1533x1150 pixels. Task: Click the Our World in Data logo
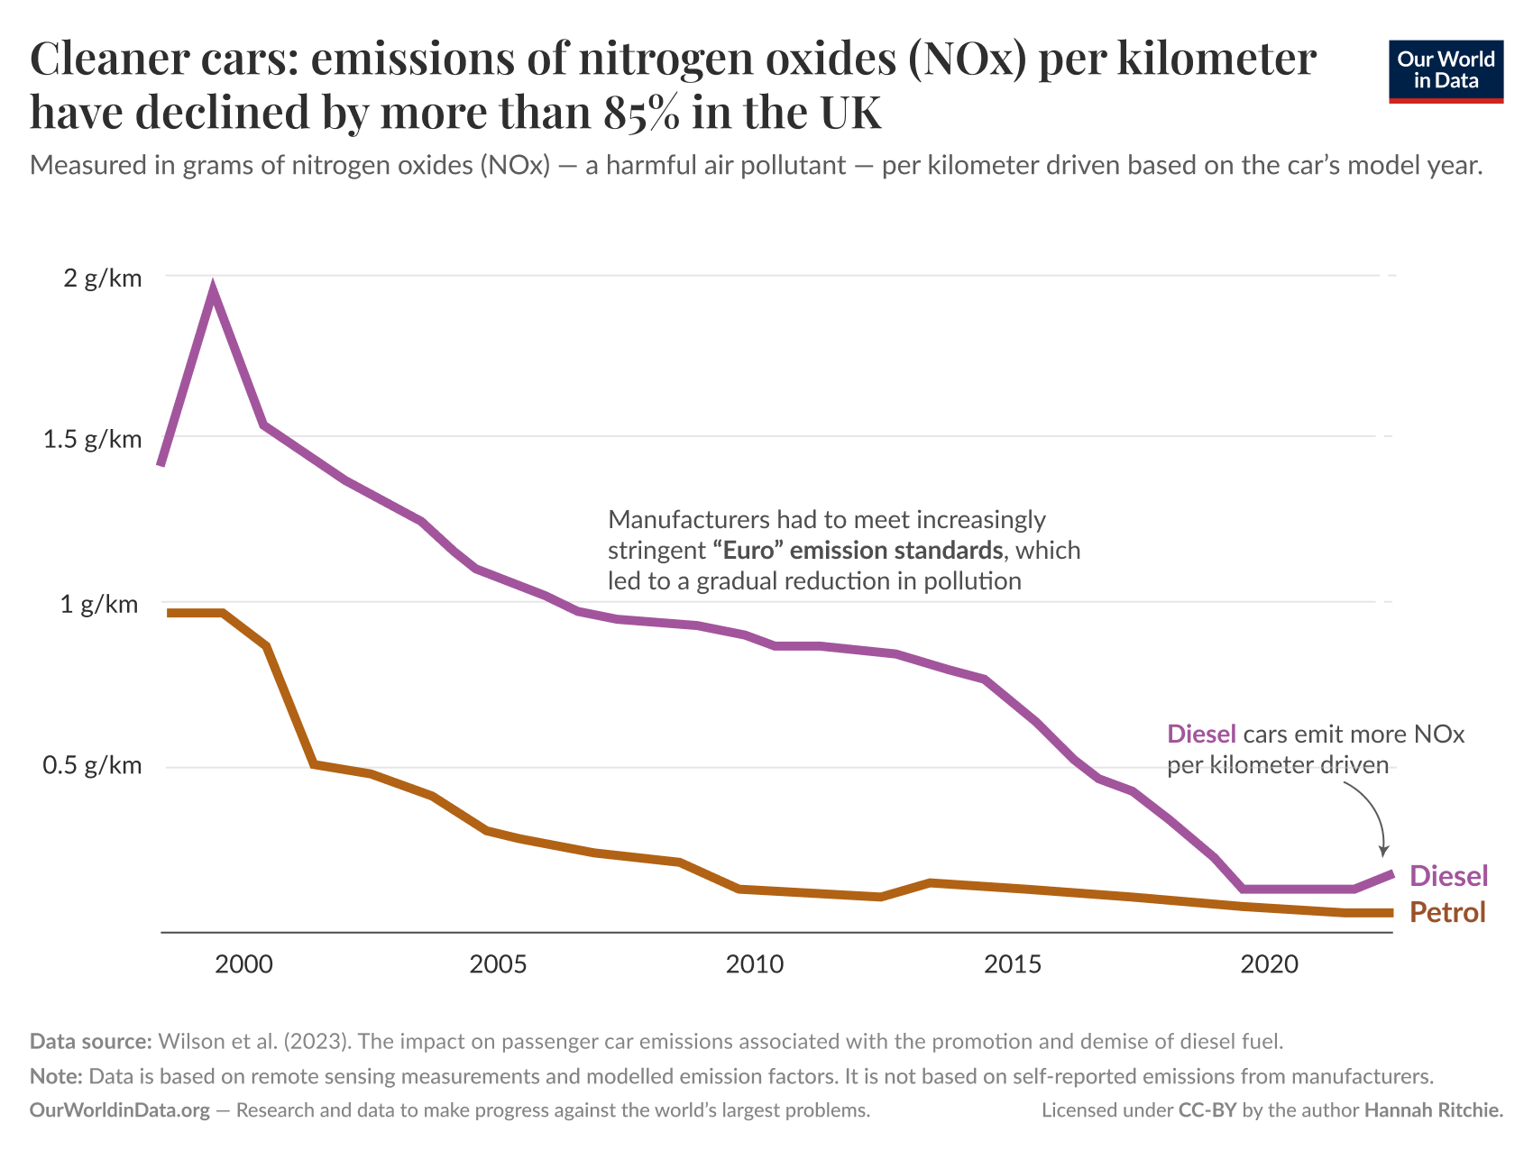click(1446, 70)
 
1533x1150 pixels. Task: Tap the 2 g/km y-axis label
click(102, 278)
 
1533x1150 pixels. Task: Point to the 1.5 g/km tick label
click(93, 439)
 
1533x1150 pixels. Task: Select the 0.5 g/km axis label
click(93, 765)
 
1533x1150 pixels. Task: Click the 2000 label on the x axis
click(243, 964)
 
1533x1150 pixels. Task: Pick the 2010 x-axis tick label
click(754, 964)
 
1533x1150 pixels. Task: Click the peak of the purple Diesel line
click(213, 291)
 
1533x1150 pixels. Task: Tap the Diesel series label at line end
click(1447, 875)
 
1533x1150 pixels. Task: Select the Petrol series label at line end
click(1446, 912)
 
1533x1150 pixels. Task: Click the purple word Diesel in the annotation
click(1200, 734)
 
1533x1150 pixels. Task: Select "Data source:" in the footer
click(90, 1041)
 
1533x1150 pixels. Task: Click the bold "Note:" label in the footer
click(56, 1076)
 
